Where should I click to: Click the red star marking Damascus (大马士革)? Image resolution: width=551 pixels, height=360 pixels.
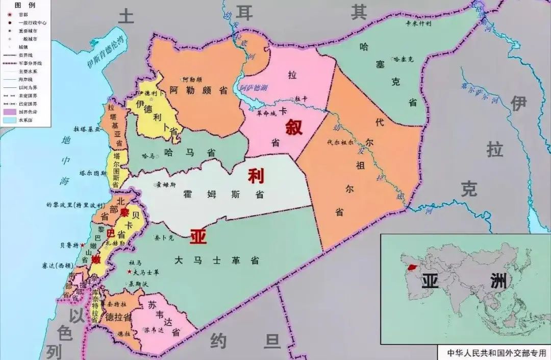(130, 272)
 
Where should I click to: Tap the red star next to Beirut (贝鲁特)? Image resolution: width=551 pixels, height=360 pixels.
(82, 245)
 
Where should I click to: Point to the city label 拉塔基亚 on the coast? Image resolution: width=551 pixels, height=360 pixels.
(87, 129)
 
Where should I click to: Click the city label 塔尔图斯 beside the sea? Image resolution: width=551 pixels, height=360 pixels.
(93, 173)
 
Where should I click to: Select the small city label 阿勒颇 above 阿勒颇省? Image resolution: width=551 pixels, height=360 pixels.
(192, 80)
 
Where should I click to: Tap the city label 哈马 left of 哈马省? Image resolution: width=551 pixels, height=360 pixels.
(148, 156)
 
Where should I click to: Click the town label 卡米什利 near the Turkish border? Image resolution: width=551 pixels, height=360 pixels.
(418, 23)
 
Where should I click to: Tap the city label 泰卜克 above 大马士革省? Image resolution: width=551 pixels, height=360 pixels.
(164, 237)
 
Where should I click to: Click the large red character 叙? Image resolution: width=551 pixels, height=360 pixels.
(294, 126)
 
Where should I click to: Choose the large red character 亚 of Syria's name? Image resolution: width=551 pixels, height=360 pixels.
(198, 236)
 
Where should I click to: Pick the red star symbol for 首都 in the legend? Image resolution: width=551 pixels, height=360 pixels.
(9, 15)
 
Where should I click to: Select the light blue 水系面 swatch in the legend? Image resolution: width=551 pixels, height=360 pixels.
(10, 120)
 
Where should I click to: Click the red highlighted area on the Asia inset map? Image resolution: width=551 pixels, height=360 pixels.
(412, 267)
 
